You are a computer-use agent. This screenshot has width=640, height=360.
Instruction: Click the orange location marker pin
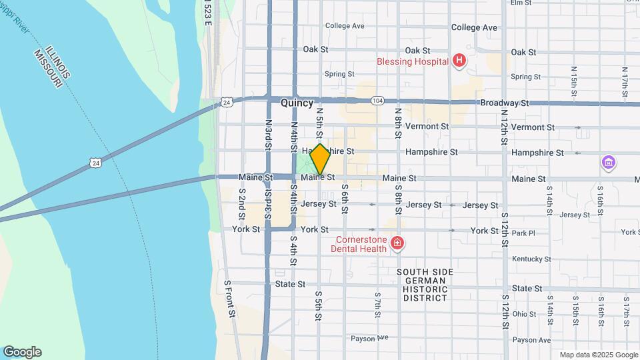320,159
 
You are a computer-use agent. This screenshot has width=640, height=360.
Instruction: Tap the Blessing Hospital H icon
459,61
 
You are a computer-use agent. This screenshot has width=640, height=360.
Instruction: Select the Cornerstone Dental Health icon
397,243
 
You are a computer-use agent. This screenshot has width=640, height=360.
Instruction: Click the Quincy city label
297,103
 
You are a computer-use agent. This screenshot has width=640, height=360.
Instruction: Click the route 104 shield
378,101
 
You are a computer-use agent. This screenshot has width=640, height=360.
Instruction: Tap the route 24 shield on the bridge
97,162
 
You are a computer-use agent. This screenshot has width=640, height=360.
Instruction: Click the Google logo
22,352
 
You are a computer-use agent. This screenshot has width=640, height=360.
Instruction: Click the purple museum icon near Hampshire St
608,163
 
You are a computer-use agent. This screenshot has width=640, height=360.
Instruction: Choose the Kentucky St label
531,259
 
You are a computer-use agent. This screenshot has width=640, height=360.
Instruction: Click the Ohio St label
524,314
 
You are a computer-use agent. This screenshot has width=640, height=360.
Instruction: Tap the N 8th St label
397,123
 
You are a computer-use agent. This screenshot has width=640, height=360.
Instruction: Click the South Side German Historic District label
425,285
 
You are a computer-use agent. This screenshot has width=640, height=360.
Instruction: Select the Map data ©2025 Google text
597,355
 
